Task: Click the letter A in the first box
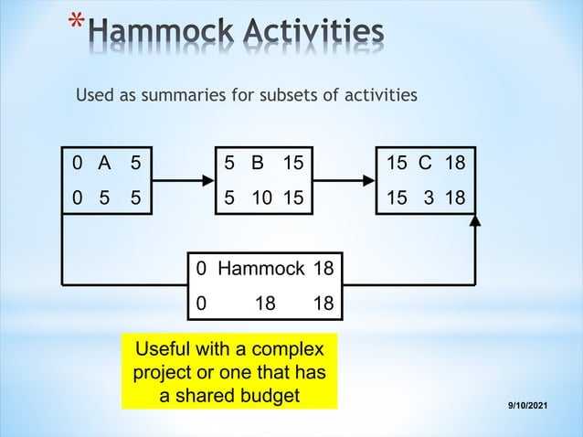tap(104, 164)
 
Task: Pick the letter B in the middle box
tap(258, 164)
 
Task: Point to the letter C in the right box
tap(425, 164)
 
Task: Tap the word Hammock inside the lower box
tap(261, 269)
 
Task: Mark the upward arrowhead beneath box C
tap(475, 222)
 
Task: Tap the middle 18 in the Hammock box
tap(265, 303)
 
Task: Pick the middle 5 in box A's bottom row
tap(104, 197)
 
